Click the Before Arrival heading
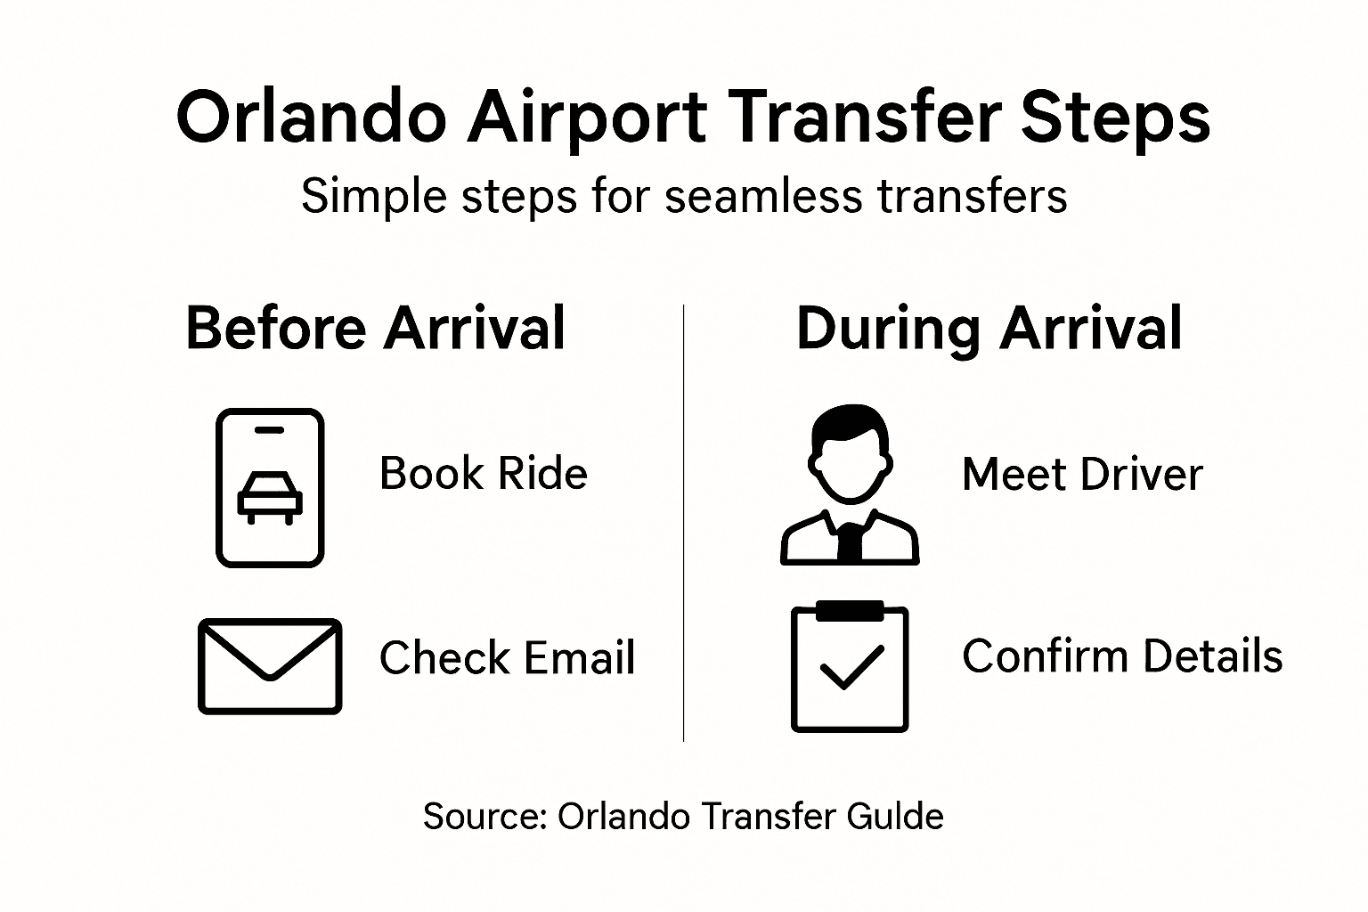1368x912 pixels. (x=375, y=328)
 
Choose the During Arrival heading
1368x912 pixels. (x=989, y=328)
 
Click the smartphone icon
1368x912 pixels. (x=270, y=488)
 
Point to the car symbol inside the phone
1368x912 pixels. (x=270, y=497)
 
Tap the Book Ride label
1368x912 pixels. (x=483, y=474)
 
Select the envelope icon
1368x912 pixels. (x=270, y=666)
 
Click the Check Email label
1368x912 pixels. (x=507, y=658)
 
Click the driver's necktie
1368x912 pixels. (x=851, y=541)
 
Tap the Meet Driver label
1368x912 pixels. (x=1082, y=475)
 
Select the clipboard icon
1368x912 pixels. (x=850, y=667)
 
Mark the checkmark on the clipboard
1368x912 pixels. (x=851, y=668)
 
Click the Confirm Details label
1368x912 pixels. (x=1122, y=656)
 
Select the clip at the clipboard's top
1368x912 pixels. (x=850, y=611)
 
